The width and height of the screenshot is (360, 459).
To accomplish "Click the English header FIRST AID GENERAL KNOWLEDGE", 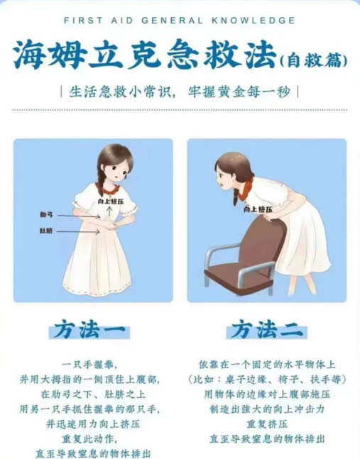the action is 179,21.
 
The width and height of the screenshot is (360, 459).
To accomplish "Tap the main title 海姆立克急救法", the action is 145,55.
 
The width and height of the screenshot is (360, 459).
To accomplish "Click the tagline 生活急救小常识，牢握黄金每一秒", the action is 180,92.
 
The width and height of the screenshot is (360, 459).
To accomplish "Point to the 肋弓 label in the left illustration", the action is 46,215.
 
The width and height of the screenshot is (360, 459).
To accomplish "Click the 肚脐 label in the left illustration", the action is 46,231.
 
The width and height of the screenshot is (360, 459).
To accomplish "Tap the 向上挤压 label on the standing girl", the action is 111,201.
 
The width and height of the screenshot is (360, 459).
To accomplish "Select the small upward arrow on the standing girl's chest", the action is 110,211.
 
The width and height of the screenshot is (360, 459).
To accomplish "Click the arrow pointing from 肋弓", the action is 79,216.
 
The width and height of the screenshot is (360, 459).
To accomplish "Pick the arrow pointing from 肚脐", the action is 78,231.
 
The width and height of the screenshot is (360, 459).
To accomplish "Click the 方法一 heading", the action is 89,330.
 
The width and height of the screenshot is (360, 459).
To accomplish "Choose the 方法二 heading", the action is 267,330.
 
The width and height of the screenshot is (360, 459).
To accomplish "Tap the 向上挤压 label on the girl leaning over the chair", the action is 258,209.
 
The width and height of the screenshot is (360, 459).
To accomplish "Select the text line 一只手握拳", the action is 90,365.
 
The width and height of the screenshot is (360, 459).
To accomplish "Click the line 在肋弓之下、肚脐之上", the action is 93,394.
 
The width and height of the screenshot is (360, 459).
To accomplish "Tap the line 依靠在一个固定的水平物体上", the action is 267,365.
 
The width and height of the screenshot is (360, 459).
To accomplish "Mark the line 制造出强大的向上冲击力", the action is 267,409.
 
